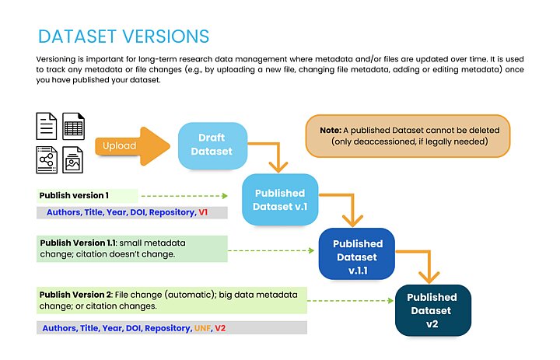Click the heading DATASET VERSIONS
[123, 37]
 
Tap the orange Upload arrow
[132, 145]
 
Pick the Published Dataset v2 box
[432, 309]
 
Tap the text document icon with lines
[47, 126]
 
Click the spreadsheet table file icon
[74, 126]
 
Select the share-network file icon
[47, 159]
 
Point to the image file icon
[74, 159]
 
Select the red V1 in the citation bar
[203, 212]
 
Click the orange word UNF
[201, 328]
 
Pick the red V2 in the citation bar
[221, 328]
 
